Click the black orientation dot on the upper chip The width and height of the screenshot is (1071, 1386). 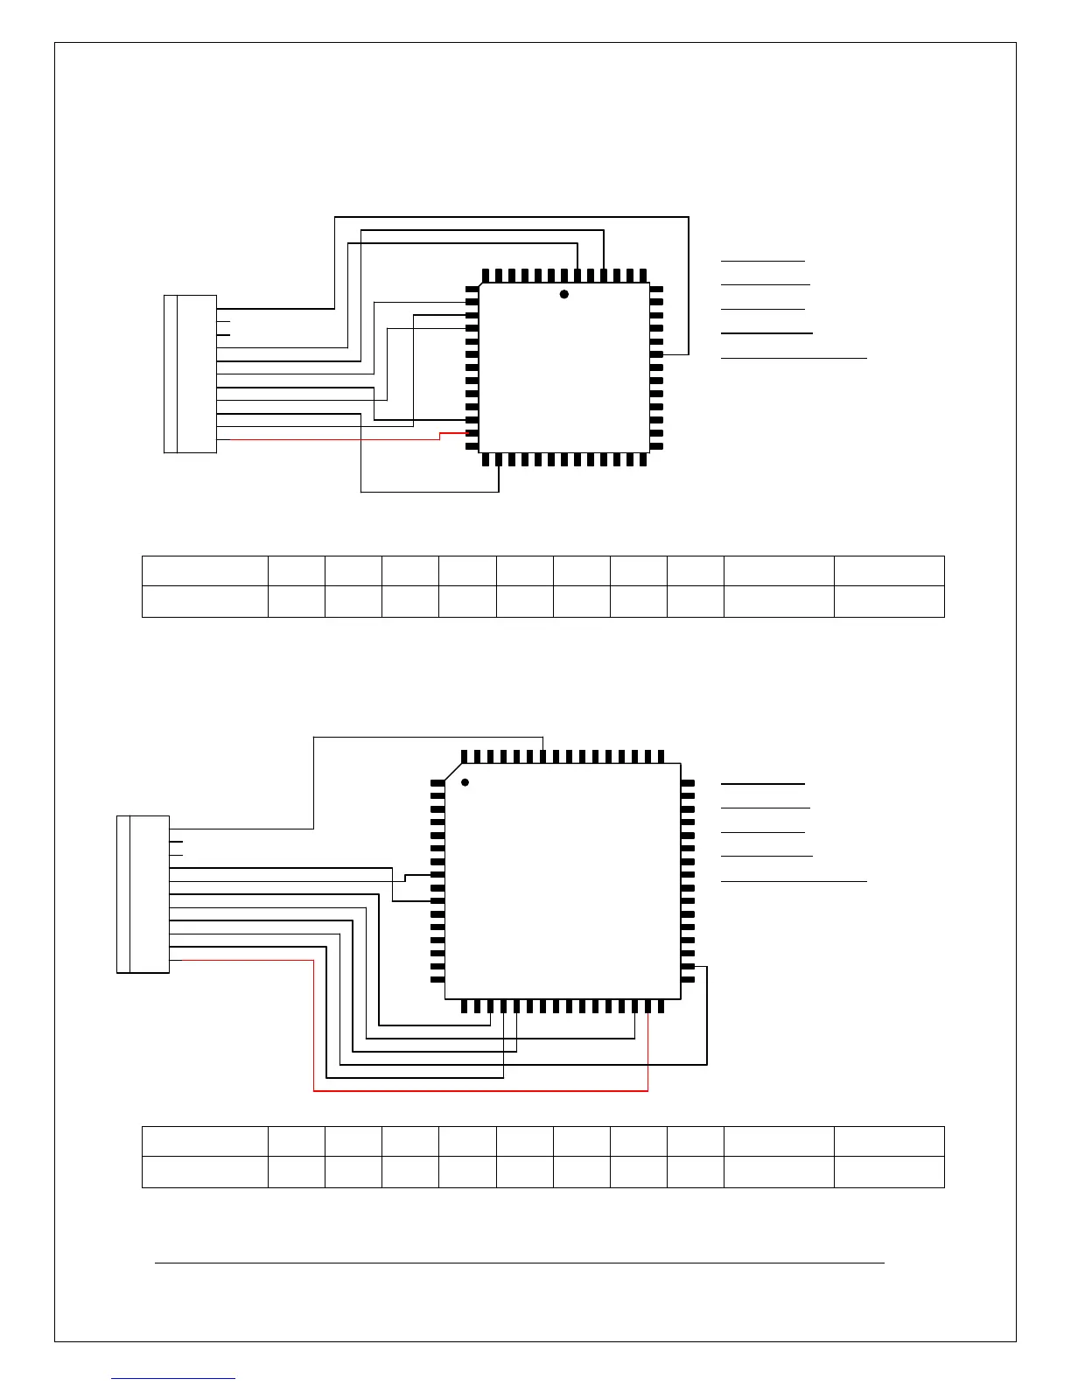click(564, 294)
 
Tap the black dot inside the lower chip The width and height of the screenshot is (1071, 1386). click(465, 781)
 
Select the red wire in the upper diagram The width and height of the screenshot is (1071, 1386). click(332, 439)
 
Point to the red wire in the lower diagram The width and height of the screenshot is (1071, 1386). click(481, 1090)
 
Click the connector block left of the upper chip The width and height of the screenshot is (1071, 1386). click(190, 374)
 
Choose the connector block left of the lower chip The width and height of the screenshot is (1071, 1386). click(143, 893)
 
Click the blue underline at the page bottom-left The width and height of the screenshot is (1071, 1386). click(173, 1378)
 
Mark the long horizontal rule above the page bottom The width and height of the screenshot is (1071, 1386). click(520, 1263)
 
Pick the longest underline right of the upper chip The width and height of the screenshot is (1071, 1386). click(794, 358)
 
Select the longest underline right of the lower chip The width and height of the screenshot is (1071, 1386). click(794, 880)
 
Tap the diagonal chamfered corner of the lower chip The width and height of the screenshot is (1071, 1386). click(453, 771)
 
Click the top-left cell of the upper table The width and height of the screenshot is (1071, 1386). click(205, 570)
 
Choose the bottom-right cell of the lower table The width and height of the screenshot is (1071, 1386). click(889, 1172)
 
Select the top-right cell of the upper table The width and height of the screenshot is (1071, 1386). click(889, 570)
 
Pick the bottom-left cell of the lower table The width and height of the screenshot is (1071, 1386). click(205, 1172)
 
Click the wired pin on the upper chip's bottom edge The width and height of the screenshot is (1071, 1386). click(499, 459)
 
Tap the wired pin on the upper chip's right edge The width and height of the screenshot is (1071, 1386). click(656, 354)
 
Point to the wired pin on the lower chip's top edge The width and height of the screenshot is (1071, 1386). click(544, 756)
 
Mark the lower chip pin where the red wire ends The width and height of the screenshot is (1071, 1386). click(647, 1006)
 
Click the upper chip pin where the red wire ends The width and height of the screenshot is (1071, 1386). click(472, 433)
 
